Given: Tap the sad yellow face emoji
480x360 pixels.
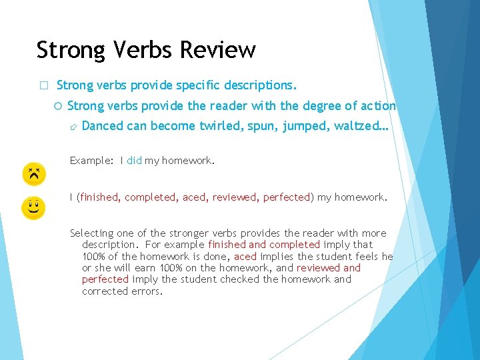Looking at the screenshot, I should tap(33, 174).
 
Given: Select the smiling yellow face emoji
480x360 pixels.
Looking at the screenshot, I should tap(33, 208).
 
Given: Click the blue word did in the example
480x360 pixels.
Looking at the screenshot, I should tap(134, 161).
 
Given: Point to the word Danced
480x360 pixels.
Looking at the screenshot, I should tap(102, 126).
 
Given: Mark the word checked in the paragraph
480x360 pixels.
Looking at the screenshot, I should tap(241, 279).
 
